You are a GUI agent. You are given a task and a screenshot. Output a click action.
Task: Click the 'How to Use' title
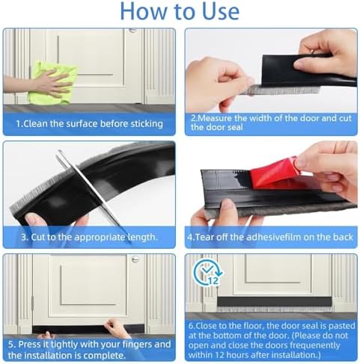180,12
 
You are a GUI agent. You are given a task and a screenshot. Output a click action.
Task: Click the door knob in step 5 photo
135,261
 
